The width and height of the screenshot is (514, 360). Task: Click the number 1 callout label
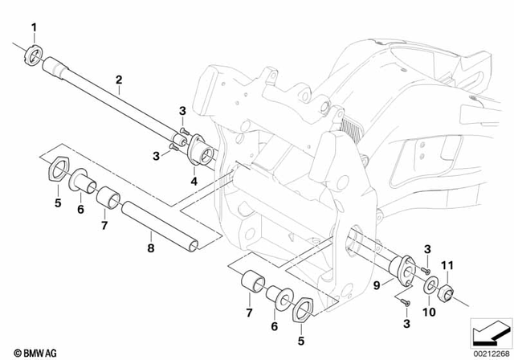tap(34, 30)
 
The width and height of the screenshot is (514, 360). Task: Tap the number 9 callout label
tap(377, 284)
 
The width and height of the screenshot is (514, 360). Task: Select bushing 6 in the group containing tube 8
tap(81, 180)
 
